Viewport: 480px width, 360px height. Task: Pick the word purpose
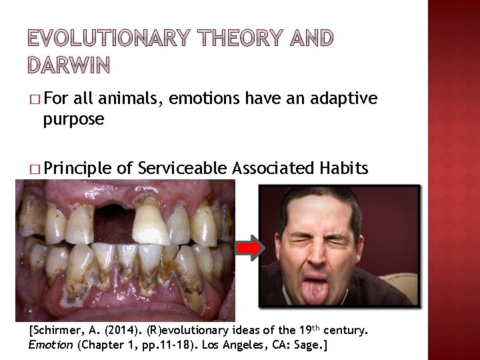(73, 119)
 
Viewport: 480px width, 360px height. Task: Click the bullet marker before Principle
(35, 170)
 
